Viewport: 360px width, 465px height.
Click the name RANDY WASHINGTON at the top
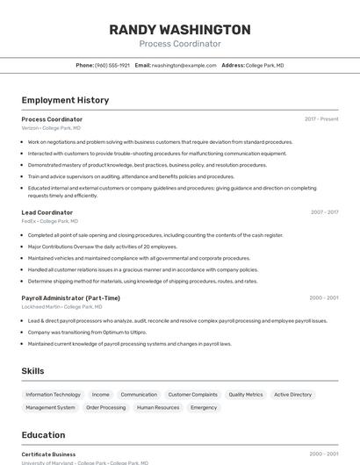coord(180,29)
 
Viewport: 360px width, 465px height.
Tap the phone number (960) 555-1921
coord(112,65)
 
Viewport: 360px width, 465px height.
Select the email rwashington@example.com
coord(184,65)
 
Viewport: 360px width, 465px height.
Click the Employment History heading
coord(65,100)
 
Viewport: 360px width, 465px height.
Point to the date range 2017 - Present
coord(321,119)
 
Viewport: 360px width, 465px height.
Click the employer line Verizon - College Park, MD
coord(51,128)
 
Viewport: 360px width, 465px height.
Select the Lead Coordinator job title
coord(47,212)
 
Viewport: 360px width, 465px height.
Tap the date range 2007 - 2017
coord(324,212)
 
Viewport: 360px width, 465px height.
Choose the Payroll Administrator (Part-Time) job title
coord(71,297)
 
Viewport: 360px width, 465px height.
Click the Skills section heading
coord(33,371)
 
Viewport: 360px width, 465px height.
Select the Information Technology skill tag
coord(53,395)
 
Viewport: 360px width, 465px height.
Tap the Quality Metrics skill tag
coord(246,395)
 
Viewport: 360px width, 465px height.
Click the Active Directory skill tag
coord(292,395)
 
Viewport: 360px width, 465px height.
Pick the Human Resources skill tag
coord(158,408)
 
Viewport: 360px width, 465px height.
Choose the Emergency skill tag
coord(204,408)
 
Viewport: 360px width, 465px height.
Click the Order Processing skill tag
coord(105,408)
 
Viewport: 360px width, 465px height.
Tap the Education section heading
coord(43,435)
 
